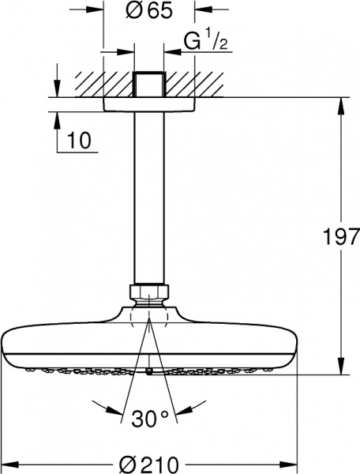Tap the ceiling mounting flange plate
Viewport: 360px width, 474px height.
(149, 104)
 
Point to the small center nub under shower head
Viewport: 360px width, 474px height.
(149, 368)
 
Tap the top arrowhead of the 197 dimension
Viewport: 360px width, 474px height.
(341, 104)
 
